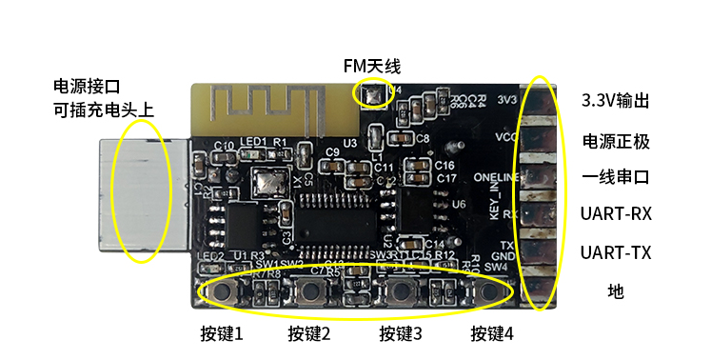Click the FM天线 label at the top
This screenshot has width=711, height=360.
tap(372, 66)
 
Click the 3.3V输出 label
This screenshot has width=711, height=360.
tap(615, 101)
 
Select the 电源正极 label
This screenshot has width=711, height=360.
tap(615, 141)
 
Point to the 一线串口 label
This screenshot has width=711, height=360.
tap(615, 177)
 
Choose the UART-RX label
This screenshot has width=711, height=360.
tap(615, 213)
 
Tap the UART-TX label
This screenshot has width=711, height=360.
tap(615, 252)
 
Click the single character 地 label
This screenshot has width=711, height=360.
tap(615, 291)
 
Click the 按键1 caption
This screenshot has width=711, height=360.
tap(222, 334)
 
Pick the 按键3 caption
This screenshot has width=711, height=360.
tap(400, 334)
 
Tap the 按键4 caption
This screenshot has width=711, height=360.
tap(492, 334)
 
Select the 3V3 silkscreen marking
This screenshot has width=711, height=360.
tap(507, 98)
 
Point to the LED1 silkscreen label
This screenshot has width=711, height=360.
tap(253, 143)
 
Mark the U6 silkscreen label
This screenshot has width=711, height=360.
tap(459, 205)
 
